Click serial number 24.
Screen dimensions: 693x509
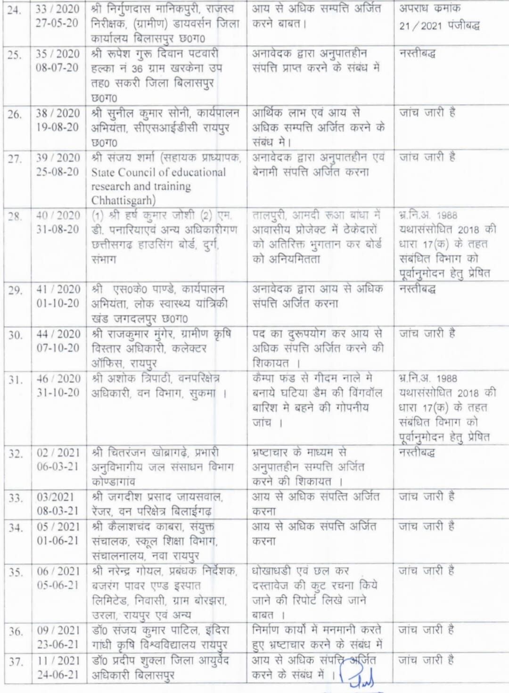15,9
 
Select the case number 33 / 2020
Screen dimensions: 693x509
57,8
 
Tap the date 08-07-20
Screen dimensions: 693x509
57,67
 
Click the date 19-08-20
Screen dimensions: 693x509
57,127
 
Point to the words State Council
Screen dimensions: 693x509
124,172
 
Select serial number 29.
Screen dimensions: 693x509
16,290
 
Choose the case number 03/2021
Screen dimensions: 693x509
56,497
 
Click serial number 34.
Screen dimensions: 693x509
16,528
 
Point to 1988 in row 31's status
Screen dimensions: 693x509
446,379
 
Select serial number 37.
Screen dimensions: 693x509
16,661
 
